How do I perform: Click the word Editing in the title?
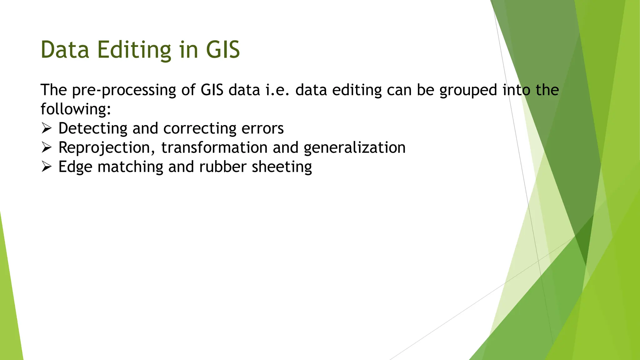pyautogui.click(x=134, y=50)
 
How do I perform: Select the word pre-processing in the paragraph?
pyautogui.click(x=124, y=91)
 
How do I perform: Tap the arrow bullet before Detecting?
pyautogui.click(x=46, y=128)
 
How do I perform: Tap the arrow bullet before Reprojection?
pyautogui.click(x=46, y=147)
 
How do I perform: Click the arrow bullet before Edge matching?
pyautogui.click(x=46, y=167)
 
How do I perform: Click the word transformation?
pyautogui.click(x=214, y=147)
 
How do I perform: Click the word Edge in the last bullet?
pyautogui.click(x=75, y=167)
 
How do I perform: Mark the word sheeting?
pyautogui.click(x=282, y=167)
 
